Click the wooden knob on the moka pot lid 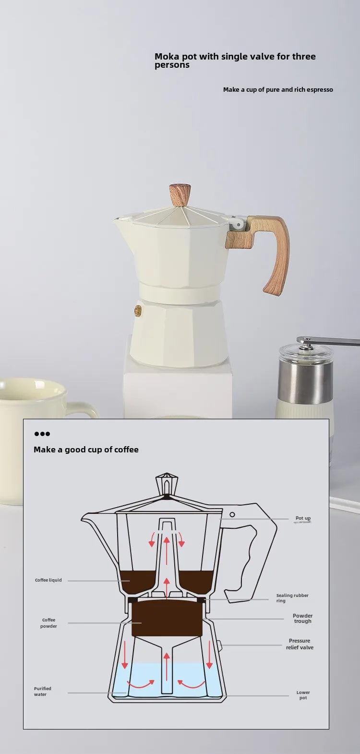coord(180,195)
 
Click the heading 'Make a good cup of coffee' coord(86,450)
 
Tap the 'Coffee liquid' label coord(48,580)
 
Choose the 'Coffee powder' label coord(48,623)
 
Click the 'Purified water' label coord(42,692)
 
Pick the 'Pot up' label coord(303,518)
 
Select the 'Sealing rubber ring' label coord(292,598)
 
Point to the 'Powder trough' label coord(302,618)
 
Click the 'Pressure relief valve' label coord(300,644)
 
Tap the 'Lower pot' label coord(303,695)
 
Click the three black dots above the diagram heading coord(42,434)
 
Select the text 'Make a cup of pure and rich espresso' coord(278,89)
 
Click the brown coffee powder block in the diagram coord(167,618)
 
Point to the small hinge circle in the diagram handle coord(232,514)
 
